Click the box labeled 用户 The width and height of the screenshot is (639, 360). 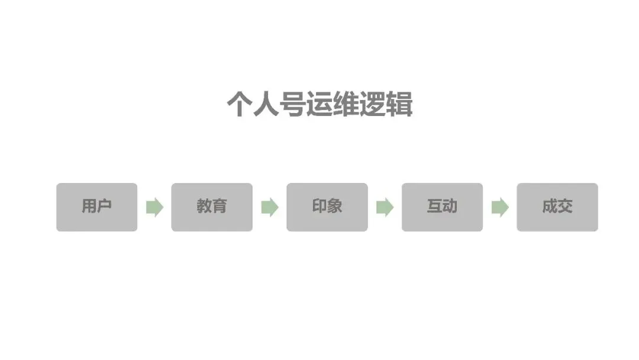(96, 207)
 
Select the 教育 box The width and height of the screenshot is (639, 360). (212, 207)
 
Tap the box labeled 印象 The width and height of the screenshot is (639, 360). (327, 207)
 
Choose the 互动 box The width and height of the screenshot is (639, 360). (442, 207)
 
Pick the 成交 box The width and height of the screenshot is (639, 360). (557, 207)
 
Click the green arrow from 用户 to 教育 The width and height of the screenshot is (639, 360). (154, 207)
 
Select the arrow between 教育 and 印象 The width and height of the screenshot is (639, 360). (270, 207)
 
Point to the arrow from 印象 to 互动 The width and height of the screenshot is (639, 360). (385, 207)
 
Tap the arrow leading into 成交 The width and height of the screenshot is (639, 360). (500, 207)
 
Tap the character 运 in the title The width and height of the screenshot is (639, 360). (319, 105)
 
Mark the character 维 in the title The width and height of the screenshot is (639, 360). (346, 105)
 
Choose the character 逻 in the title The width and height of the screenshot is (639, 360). (373, 105)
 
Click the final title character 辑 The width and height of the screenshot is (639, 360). (399, 105)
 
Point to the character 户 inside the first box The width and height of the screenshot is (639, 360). (104, 206)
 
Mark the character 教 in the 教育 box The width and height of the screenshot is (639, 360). (204, 206)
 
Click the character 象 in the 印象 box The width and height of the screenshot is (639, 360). (335, 206)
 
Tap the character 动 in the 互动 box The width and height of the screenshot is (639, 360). (450, 206)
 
